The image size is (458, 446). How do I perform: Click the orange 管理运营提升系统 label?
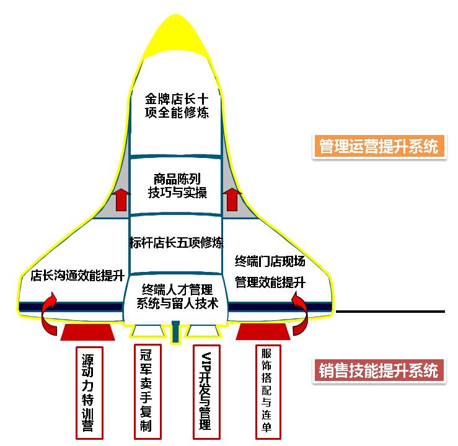click(x=379, y=146)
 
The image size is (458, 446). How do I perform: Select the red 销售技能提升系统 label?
click(x=379, y=370)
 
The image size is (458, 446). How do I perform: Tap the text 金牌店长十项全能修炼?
click(x=177, y=105)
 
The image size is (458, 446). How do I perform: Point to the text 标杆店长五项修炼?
click(x=177, y=242)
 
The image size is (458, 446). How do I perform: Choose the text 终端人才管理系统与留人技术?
click(x=177, y=296)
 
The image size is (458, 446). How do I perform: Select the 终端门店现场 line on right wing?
click(x=270, y=260)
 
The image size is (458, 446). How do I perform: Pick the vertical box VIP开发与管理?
click(x=206, y=391)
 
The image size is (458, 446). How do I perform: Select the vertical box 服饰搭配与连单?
click(x=267, y=391)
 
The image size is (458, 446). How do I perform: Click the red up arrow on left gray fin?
click(x=121, y=200)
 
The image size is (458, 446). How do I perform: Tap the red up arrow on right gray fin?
click(x=233, y=200)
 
